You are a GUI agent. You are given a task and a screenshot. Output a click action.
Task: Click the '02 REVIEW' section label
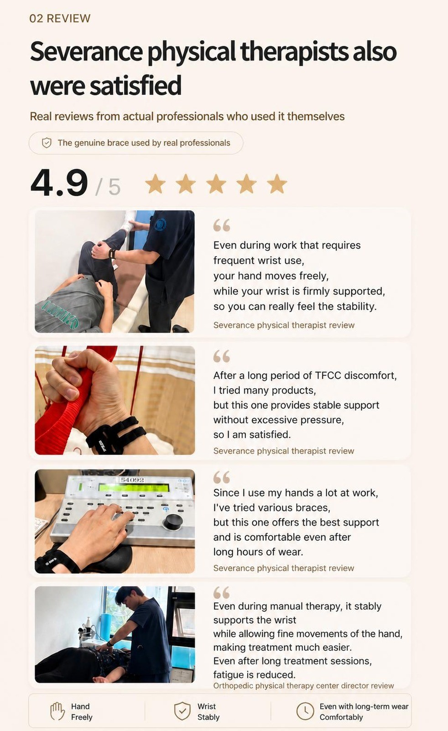pyautogui.click(x=60, y=19)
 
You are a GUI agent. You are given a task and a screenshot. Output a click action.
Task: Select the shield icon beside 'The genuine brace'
pyautogui.click(x=47, y=143)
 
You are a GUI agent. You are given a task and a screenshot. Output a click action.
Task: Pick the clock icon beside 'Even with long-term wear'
pyautogui.click(x=305, y=711)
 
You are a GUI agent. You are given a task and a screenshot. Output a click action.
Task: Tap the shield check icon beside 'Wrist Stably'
pyautogui.click(x=182, y=711)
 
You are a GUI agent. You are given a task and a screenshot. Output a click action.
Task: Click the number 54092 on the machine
pyautogui.click(x=132, y=480)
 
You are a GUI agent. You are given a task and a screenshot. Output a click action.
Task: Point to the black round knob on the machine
pyautogui.click(x=172, y=522)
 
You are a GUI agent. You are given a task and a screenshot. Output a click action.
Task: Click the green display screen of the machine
pyautogui.click(x=134, y=487)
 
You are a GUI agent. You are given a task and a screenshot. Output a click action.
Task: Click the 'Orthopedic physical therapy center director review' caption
pyautogui.click(x=303, y=686)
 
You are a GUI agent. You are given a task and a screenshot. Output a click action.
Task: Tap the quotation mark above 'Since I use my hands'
pyautogui.click(x=222, y=477)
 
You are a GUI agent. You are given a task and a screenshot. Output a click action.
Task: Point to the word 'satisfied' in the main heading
pyautogui.click(x=135, y=85)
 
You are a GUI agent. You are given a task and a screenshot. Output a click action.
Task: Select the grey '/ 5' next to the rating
pyautogui.click(x=108, y=187)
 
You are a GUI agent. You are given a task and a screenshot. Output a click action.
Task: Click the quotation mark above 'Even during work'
pyautogui.click(x=222, y=225)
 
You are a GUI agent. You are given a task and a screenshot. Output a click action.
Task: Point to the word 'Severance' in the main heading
pyautogui.click(x=86, y=52)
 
